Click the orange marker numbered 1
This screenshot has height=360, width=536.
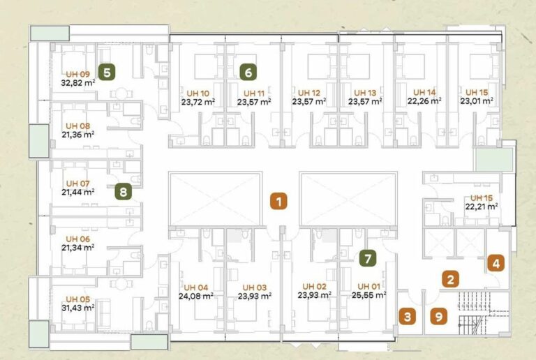[x=278, y=202]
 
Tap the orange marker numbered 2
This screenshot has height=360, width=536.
[x=451, y=279]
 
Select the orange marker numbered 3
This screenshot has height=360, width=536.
[x=408, y=316]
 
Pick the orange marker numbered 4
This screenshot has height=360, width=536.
[x=496, y=263]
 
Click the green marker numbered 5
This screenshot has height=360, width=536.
[x=107, y=73]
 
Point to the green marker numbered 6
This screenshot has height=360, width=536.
[x=248, y=73]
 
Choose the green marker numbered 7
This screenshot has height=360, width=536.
[x=368, y=259]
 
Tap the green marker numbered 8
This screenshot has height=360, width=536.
[x=123, y=191]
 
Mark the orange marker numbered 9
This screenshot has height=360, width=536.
[x=439, y=316]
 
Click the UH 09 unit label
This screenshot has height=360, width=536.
[x=78, y=74]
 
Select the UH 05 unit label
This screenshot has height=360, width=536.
[x=78, y=299]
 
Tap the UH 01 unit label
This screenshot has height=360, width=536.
[x=368, y=286]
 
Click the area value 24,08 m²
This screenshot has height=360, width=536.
[x=196, y=296]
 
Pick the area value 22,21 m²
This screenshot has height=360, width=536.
[x=482, y=207]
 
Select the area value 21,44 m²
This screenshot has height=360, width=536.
[x=78, y=193]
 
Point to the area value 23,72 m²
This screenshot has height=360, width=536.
[x=198, y=102]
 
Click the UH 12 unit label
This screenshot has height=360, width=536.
[x=309, y=93]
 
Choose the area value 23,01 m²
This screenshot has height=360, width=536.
[x=477, y=101]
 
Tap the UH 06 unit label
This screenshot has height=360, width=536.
[x=78, y=239]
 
